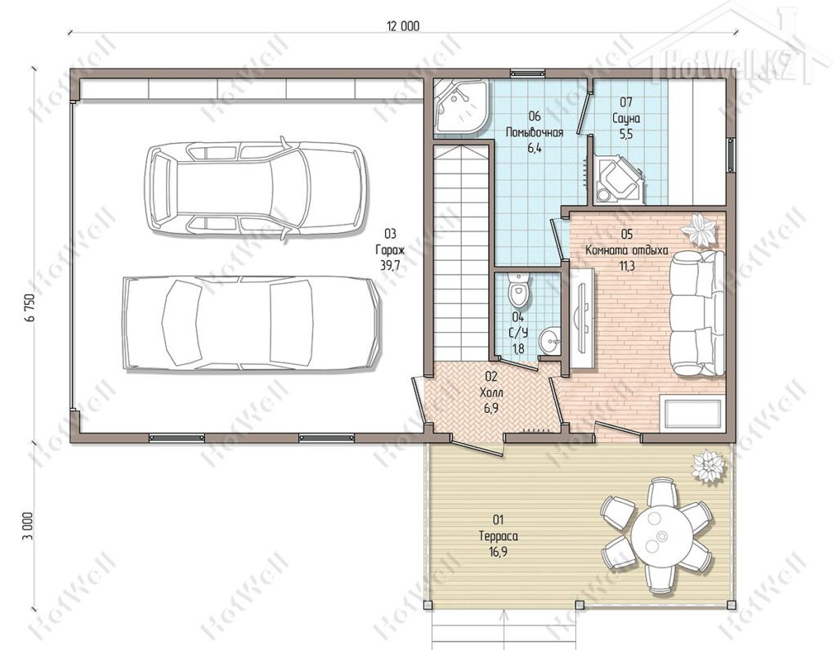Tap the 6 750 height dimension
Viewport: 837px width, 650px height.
[x=30, y=307]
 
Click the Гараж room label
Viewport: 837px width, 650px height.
[x=390, y=249]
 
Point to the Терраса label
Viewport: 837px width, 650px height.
[x=499, y=536]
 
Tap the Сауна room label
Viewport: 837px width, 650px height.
[x=625, y=118]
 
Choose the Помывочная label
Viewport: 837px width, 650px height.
[x=535, y=132]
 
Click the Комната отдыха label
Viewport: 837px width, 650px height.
[x=627, y=250]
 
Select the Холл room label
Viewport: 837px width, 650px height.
[x=491, y=393]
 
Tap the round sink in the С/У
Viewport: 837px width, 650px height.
[x=549, y=339]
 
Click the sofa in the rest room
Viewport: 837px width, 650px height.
[x=697, y=313]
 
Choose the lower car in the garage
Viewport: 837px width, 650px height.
[x=252, y=323]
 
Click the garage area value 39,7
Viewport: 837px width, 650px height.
[x=390, y=266]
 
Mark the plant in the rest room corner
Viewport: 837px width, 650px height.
[x=700, y=230]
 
